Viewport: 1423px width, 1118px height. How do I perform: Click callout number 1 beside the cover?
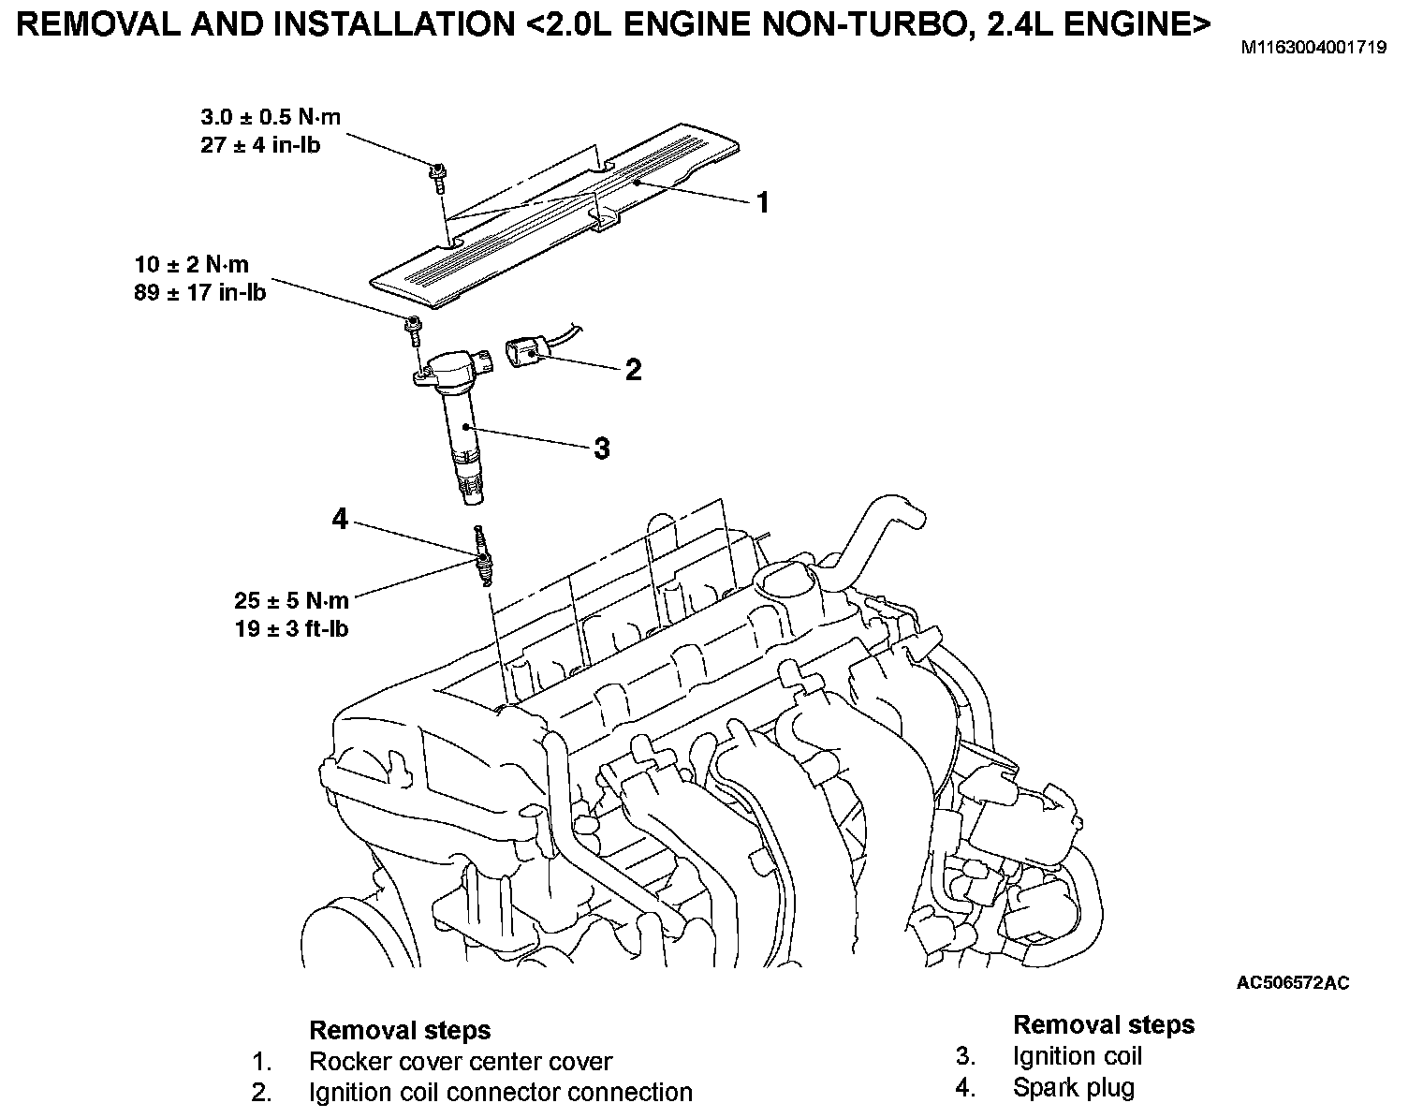click(762, 201)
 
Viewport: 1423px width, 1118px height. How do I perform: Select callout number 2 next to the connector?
click(633, 370)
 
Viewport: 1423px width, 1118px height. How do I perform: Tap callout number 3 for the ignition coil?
click(601, 449)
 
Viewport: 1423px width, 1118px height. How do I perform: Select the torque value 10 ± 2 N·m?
click(191, 265)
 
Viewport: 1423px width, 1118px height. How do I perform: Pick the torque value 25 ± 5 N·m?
click(291, 600)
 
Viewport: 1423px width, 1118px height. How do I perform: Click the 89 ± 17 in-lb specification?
click(199, 292)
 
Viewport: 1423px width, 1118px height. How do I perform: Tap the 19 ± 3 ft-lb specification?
click(291, 628)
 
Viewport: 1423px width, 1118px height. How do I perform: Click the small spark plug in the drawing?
click(482, 557)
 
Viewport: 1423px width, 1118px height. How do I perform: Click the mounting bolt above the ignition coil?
click(412, 329)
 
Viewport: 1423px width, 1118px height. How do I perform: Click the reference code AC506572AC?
click(1293, 982)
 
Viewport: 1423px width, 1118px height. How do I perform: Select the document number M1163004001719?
click(1313, 47)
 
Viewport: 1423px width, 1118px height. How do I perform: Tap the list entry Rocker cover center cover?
click(460, 1062)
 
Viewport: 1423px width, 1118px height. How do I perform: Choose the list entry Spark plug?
click(1073, 1088)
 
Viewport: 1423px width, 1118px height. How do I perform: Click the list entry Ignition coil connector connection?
click(501, 1093)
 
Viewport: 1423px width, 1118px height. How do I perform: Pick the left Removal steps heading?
click(400, 1031)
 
